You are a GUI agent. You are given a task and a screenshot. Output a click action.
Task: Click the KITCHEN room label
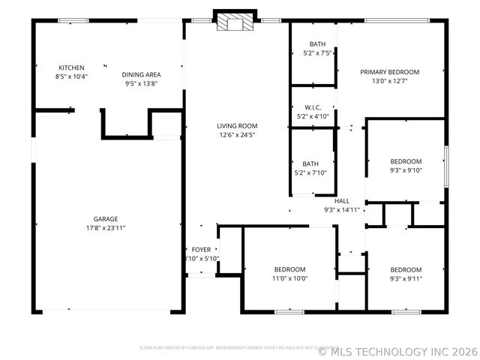pos(71,67)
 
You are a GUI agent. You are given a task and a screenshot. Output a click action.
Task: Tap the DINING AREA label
pos(142,74)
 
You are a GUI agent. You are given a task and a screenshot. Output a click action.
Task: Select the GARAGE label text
pos(105,219)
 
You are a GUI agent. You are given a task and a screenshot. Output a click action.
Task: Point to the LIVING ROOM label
pos(237,126)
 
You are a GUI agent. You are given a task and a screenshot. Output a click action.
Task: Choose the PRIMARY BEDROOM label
pos(389,72)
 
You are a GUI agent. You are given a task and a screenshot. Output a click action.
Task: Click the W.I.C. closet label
pos(313,108)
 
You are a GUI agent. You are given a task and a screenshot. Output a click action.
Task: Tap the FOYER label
pos(201,250)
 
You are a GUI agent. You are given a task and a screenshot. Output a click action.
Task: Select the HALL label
pos(342,201)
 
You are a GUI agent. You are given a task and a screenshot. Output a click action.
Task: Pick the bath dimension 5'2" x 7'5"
pos(313,53)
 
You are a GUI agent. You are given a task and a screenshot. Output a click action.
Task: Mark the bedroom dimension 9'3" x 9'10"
pos(406,169)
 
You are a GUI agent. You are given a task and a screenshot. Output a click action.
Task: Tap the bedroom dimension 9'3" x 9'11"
pos(406,278)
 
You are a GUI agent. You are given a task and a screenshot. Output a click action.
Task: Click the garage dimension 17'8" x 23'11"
pos(105,227)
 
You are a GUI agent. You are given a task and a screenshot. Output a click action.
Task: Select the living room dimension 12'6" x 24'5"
pos(237,135)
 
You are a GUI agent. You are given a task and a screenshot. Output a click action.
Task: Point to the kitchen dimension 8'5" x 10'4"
pos(71,76)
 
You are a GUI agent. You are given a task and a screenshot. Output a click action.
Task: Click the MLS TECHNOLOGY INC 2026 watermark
pos(397,350)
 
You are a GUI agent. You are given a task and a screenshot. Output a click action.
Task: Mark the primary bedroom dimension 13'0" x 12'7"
pos(389,81)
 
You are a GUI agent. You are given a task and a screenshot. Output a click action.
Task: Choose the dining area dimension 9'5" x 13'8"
pos(142,83)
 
